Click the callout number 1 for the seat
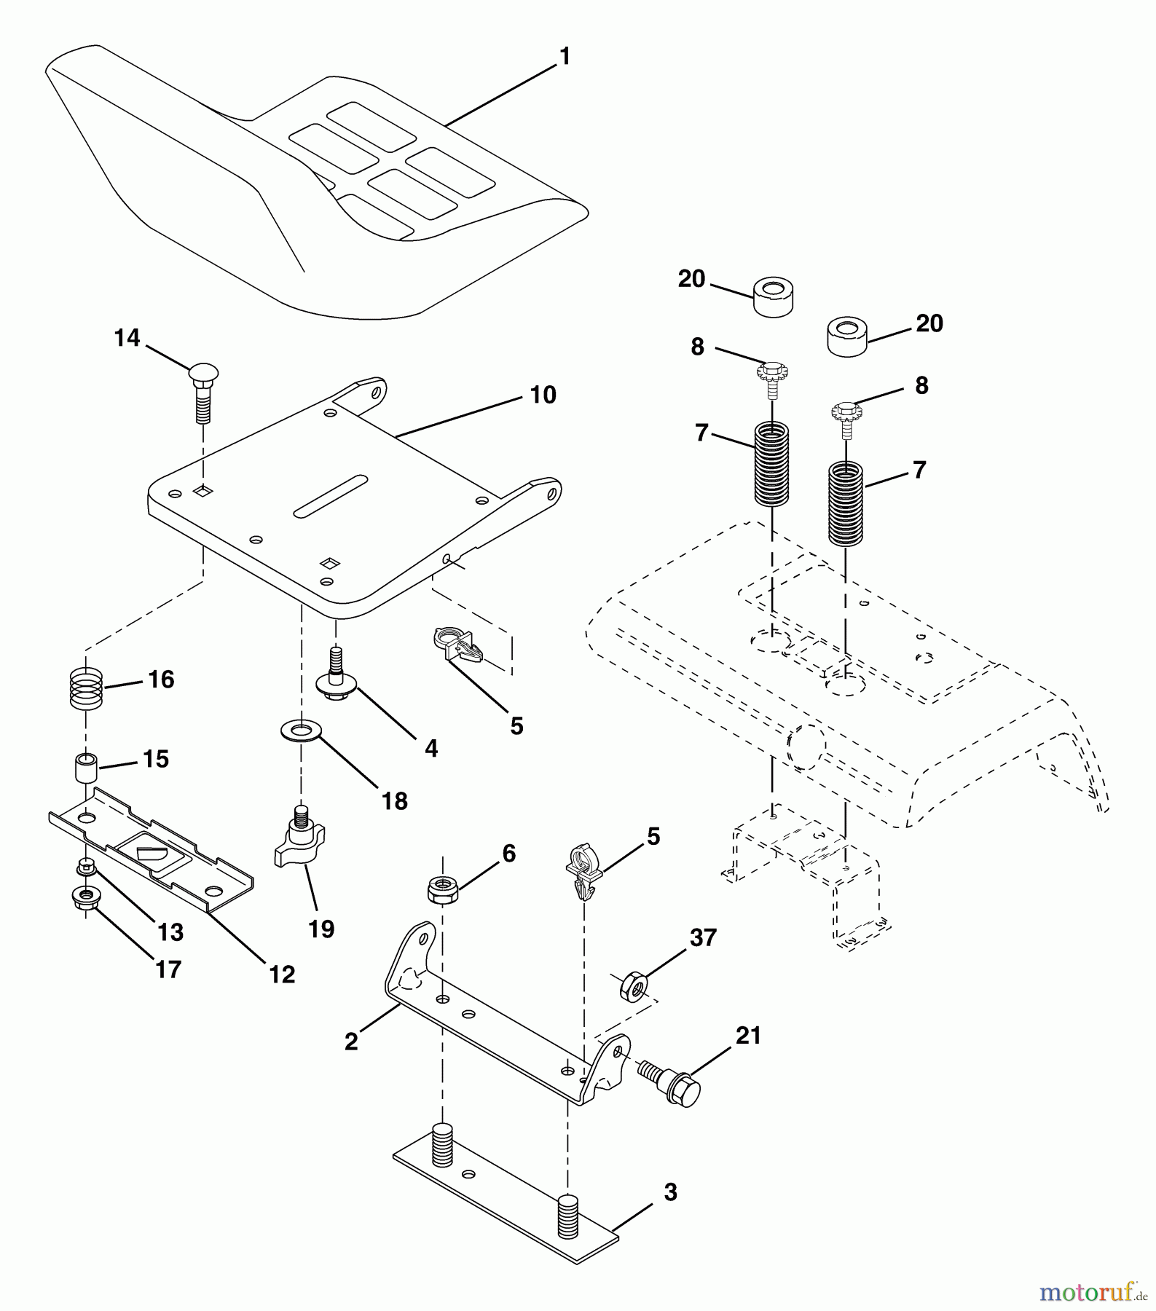[564, 56]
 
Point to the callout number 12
[282, 974]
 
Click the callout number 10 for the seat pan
[543, 395]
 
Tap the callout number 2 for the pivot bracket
[351, 1042]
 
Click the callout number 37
[703, 937]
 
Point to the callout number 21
[748, 1035]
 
